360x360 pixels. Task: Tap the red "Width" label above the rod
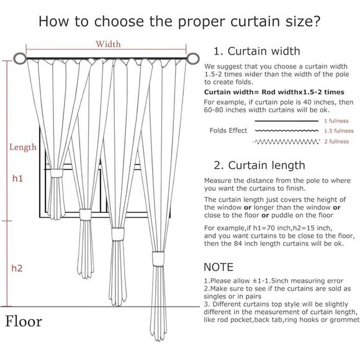(x=107, y=44)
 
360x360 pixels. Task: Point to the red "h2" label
(x=17, y=268)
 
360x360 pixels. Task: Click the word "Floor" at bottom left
(x=24, y=322)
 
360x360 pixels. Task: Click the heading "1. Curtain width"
(x=256, y=51)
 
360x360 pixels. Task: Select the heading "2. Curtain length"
(x=259, y=165)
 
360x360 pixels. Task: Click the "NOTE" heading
(x=219, y=268)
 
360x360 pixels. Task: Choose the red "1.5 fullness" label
(x=338, y=131)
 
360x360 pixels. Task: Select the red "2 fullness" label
(x=336, y=142)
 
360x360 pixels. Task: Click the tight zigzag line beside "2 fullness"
(x=286, y=142)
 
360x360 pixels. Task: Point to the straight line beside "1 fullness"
(x=286, y=121)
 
